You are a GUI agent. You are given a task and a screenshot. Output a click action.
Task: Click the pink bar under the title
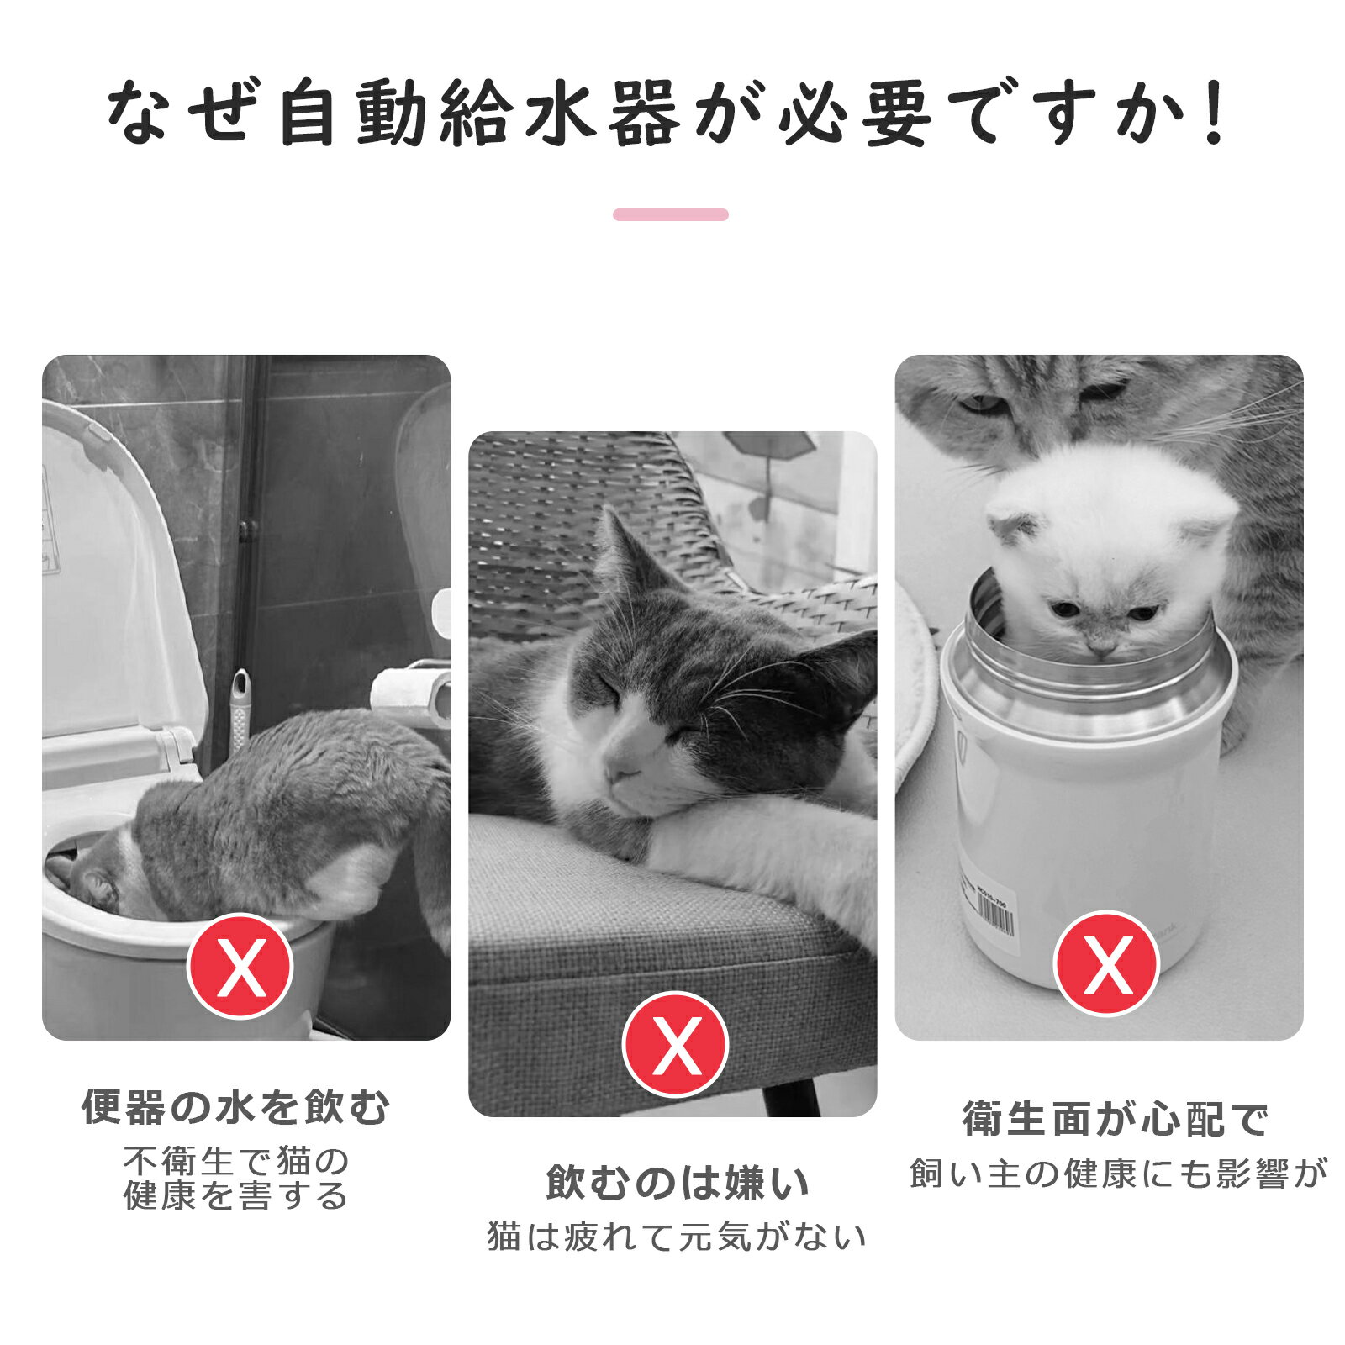671,214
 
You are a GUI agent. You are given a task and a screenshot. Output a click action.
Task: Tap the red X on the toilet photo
240,967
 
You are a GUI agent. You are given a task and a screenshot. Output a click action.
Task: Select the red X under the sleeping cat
675,1044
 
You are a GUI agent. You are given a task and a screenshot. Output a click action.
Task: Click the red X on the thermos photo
1107,963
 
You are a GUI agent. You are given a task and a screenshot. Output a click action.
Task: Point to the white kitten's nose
1100,648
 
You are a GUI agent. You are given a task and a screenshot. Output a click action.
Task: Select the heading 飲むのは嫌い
677,1183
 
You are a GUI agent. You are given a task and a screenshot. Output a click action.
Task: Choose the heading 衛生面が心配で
1116,1119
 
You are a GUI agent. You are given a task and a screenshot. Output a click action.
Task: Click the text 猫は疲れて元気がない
677,1237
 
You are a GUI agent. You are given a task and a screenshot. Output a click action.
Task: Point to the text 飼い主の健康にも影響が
1118,1174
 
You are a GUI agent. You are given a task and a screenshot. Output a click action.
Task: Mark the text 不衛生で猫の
236,1162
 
